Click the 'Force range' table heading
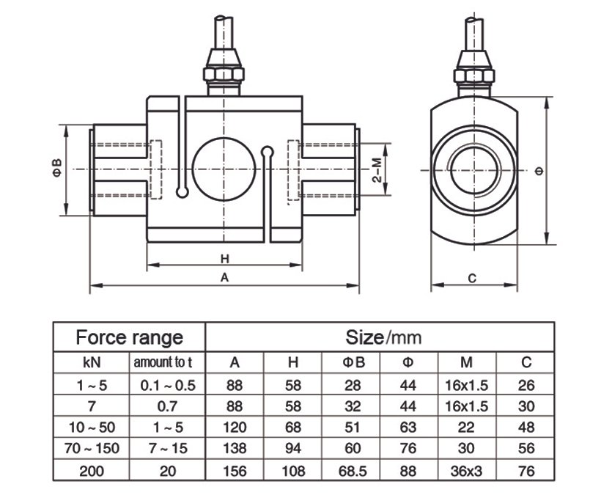click(x=130, y=337)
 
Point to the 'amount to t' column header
click(x=167, y=362)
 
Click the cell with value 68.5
click(x=350, y=471)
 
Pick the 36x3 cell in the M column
click(x=468, y=471)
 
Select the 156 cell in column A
click(x=235, y=471)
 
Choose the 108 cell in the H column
click(x=292, y=471)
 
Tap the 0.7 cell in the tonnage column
click(x=167, y=406)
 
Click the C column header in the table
click(x=526, y=362)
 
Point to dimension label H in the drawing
click(x=225, y=259)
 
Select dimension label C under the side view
click(x=473, y=279)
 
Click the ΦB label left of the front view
click(x=56, y=170)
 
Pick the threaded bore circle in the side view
click(x=474, y=169)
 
